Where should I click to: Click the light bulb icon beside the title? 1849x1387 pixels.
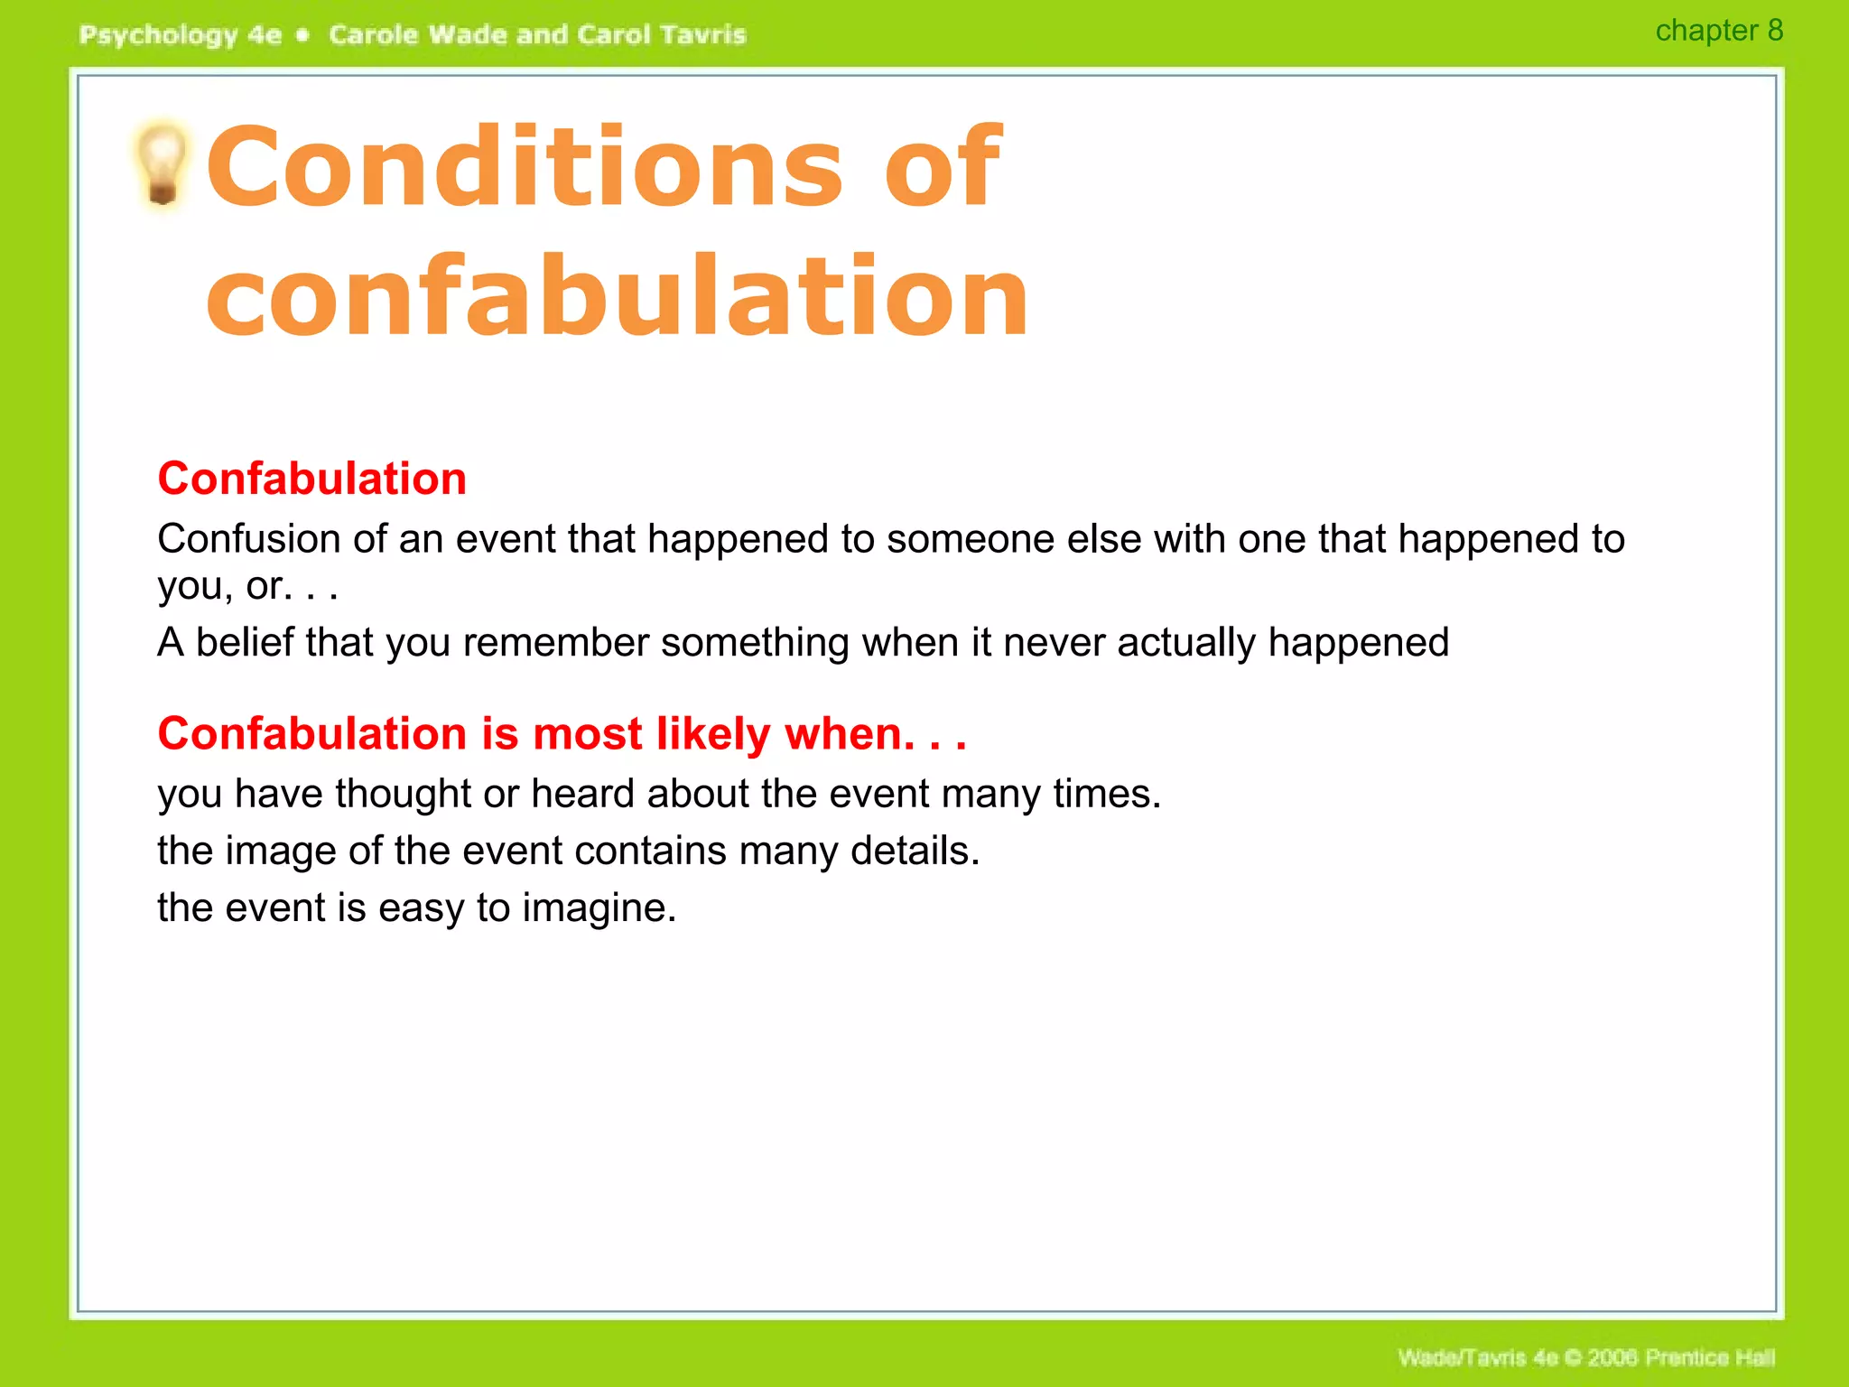point(163,163)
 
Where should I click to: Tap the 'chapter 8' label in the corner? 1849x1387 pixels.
point(1718,31)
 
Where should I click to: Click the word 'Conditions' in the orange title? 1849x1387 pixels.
point(524,166)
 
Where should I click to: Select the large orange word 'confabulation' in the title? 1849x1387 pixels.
point(618,296)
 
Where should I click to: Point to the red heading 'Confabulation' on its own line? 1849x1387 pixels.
point(311,479)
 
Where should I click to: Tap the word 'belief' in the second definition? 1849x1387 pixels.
point(245,643)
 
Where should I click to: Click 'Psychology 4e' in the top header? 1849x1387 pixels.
point(180,35)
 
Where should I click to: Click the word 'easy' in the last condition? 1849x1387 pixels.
point(421,908)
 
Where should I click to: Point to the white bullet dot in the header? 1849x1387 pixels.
point(303,35)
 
